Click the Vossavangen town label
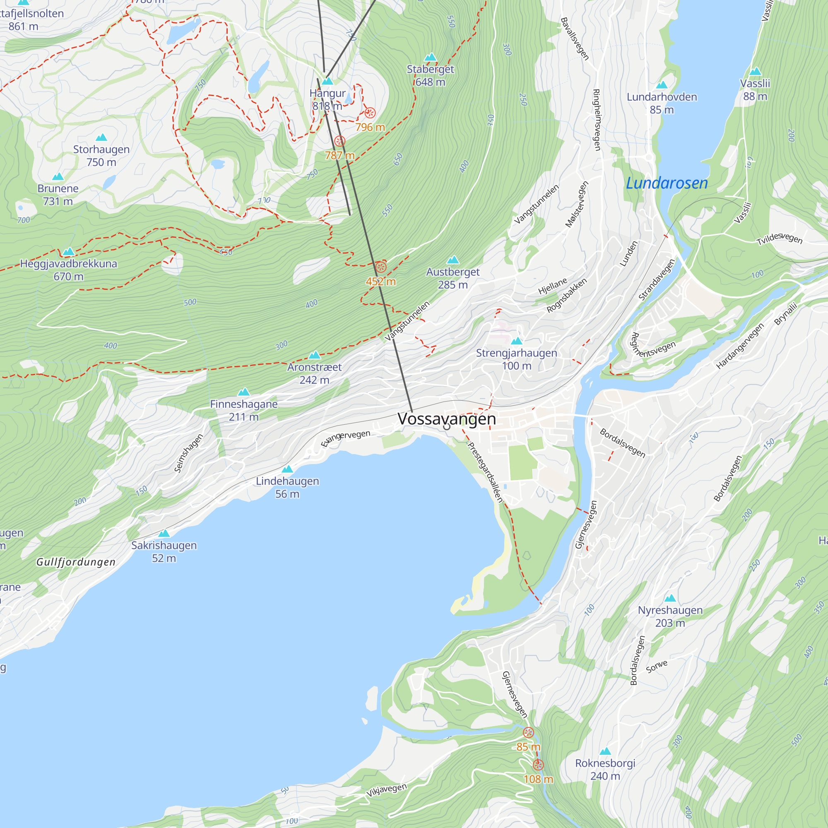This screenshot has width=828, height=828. pos(447,419)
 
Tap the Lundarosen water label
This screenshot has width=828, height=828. pos(667,183)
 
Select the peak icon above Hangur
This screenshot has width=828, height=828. pos(327,82)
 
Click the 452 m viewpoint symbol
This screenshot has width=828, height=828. pos(380,267)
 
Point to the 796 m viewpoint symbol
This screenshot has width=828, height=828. pos(370,113)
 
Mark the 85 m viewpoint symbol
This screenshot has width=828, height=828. pos(528,732)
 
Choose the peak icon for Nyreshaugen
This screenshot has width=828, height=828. pos(670,598)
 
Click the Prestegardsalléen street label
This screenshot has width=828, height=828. pos(485,472)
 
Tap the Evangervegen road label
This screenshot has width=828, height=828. pos(345,438)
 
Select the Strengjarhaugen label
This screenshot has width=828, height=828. pos(516,353)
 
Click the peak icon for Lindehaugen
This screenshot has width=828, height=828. pos(287,469)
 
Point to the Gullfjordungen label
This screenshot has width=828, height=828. pos(76,562)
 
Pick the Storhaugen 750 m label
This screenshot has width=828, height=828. pos(101,156)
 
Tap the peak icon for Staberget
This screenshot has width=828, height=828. pos(430,58)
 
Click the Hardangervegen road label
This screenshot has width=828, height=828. pos(740,346)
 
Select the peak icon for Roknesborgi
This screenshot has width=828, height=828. pos(605,751)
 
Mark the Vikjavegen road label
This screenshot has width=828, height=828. pos(386,790)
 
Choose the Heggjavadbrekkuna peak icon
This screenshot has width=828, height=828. pos(69,252)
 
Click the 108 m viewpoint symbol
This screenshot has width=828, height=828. pos(538,765)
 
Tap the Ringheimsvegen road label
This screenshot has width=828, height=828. pos(596,120)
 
